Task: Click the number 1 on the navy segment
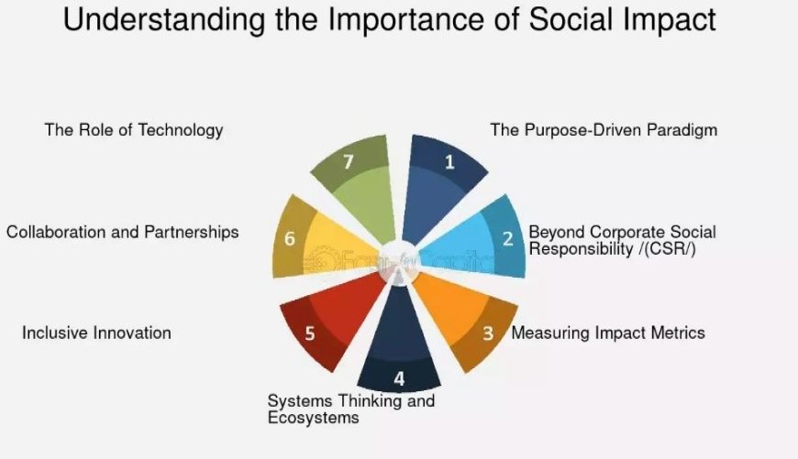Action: (x=449, y=162)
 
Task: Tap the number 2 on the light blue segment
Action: (x=507, y=238)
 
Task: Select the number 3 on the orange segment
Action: (x=488, y=333)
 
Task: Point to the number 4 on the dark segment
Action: (x=400, y=378)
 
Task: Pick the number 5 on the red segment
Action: (x=310, y=333)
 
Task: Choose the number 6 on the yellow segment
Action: (x=290, y=238)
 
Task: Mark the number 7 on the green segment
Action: (x=349, y=162)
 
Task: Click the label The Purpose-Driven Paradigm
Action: (x=604, y=130)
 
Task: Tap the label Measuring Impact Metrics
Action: (x=608, y=333)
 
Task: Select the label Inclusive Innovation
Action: (x=96, y=333)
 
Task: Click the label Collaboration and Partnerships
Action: (x=123, y=233)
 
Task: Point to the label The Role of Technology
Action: (x=134, y=130)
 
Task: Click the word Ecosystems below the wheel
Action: (x=314, y=418)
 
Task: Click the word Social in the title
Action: (x=571, y=19)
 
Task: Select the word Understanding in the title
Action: (x=164, y=20)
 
